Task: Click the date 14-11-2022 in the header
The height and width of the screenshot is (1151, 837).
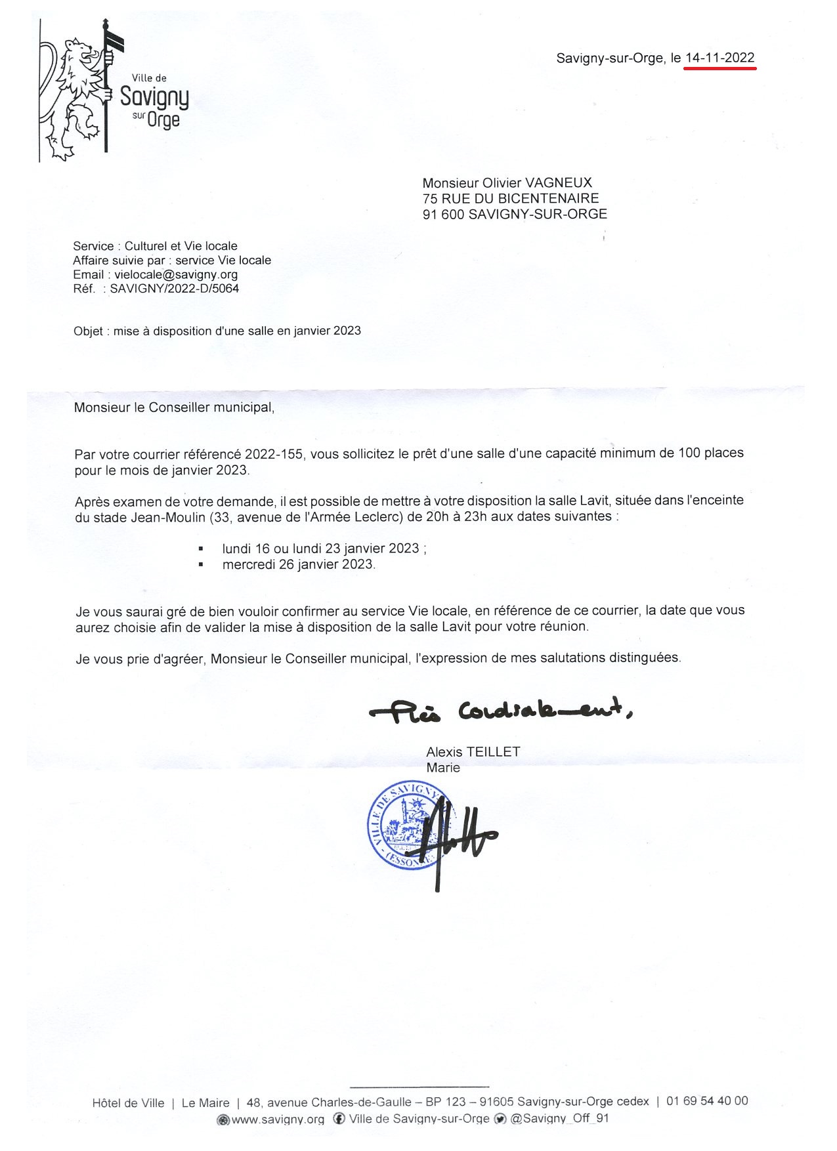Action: tap(719, 58)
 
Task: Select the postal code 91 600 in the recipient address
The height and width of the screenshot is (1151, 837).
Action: tap(443, 214)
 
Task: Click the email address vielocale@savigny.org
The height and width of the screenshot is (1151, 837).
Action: tap(176, 274)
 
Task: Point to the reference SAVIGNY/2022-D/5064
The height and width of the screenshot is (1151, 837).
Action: tap(174, 289)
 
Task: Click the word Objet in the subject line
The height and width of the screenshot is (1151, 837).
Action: tap(88, 331)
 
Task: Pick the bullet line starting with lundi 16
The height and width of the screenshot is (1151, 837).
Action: tap(324, 549)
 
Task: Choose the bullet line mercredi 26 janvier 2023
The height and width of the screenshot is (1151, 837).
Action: tap(299, 564)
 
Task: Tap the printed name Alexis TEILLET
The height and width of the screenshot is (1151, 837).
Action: tap(473, 752)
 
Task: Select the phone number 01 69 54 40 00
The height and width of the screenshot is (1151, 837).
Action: tap(707, 1101)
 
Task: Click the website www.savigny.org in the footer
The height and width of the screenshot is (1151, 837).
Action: tap(278, 1120)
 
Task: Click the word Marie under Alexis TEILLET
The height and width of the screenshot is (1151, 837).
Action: tap(443, 768)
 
